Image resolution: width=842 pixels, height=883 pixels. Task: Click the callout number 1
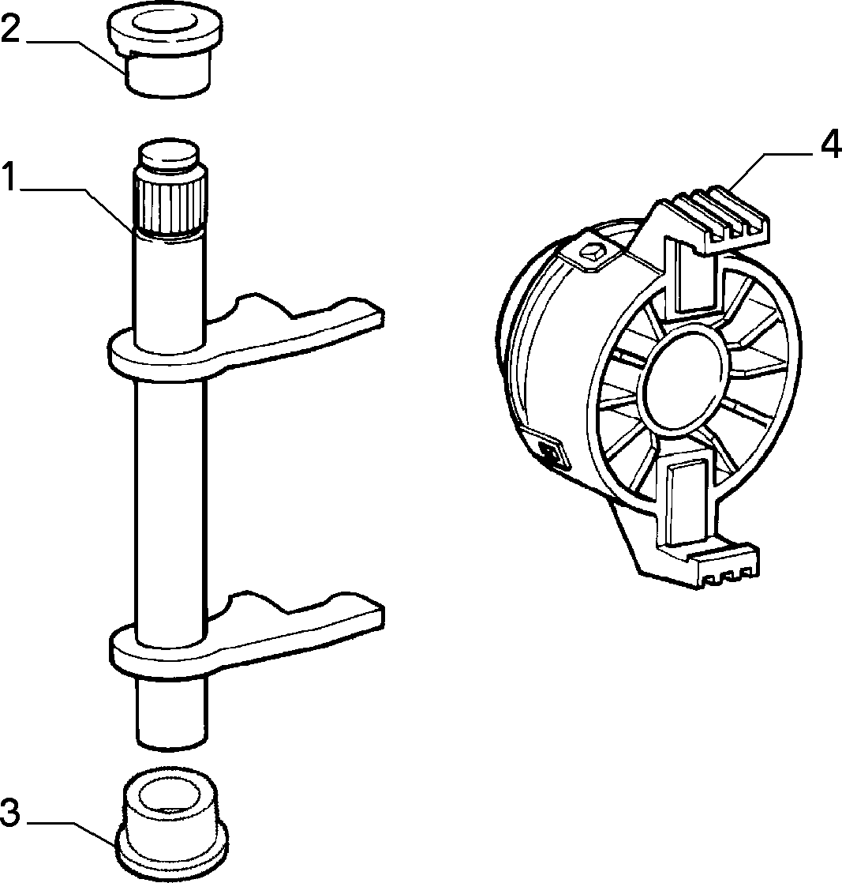tap(10, 175)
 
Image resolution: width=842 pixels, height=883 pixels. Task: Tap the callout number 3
tap(11, 813)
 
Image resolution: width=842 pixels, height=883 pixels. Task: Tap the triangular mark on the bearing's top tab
tap(594, 250)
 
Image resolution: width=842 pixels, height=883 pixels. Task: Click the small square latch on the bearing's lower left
tap(549, 450)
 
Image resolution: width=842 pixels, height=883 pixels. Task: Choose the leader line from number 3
tap(70, 832)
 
